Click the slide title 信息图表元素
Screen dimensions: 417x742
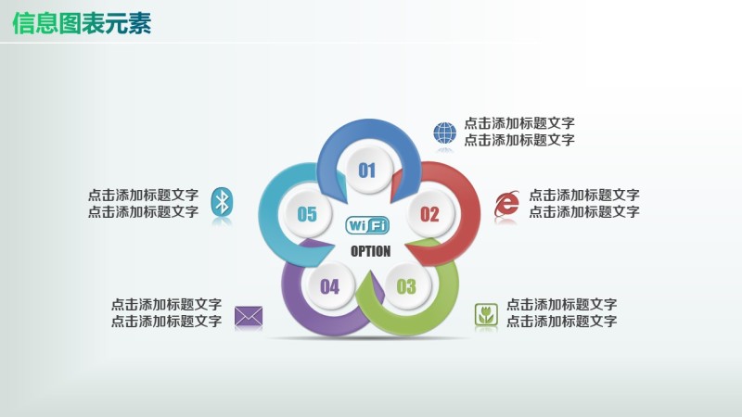pyautogui.click(x=82, y=23)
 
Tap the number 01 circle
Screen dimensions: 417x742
pyautogui.click(x=367, y=170)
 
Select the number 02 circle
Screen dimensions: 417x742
pyautogui.click(x=429, y=214)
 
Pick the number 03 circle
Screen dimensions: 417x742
pyautogui.click(x=406, y=286)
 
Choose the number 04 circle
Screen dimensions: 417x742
pyautogui.click(x=330, y=286)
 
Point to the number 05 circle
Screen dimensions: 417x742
pyautogui.click(x=307, y=214)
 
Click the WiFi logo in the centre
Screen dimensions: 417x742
pyautogui.click(x=367, y=225)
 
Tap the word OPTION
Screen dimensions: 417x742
pyautogui.click(x=370, y=251)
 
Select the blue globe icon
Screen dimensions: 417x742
pyautogui.click(x=445, y=133)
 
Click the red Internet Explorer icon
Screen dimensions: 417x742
pyautogui.click(x=506, y=204)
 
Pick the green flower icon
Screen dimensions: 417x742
pyautogui.click(x=486, y=314)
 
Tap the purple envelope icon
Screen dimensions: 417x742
pyautogui.click(x=249, y=316)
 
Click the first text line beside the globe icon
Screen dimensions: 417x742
pyautogui.click(x=519, y=123)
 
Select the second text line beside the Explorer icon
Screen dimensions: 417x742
pyautogui.click(x=584, y=212)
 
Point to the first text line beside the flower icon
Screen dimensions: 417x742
pyautogui.click(x=561, y=305)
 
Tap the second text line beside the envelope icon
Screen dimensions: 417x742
pyautogui.click(x=166, y=322)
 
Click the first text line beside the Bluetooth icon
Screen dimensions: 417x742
pyautogui.click(x=143, y=196)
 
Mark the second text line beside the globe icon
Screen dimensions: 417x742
pyautogui.click(x=519, y=140)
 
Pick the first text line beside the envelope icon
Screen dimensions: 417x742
pyautogui.click(x=166, y=305)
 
